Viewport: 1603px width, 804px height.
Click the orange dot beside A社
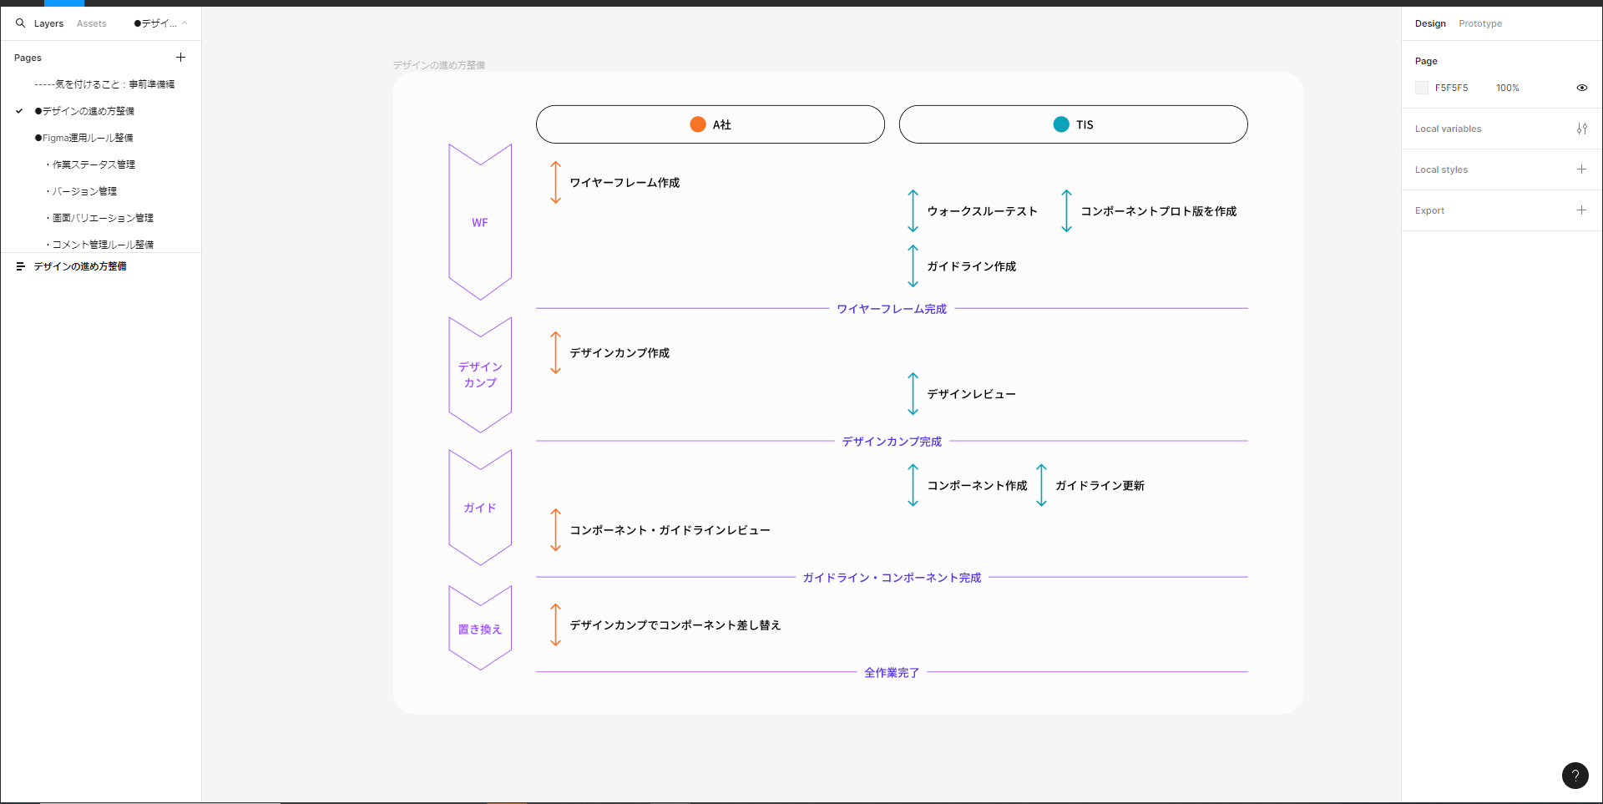[698, 124]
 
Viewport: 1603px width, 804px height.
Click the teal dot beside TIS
[1061, 124]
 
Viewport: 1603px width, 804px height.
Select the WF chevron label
[480, 223]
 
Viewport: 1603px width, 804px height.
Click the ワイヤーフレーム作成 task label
[625, 183]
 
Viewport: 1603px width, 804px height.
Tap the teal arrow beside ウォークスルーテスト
[913, 211]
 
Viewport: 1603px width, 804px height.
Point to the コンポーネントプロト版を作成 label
[1158, 211]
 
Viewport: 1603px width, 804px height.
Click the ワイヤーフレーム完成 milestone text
[892, 309]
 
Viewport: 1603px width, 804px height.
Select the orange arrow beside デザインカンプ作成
[555, 353]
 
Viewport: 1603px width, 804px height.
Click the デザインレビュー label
[971, 394]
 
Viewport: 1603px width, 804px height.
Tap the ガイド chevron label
[480, 508]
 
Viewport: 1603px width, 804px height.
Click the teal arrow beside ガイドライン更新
[1041, 485]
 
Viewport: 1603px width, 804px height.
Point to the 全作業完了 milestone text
[892, 673]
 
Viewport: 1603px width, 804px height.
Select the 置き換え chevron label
[480, 630]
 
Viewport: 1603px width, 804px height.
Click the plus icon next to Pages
[180, 58]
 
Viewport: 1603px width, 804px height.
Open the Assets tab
[92, 23]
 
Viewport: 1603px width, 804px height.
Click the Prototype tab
[1479, 23]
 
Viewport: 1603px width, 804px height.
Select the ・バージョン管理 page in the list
[83, 191]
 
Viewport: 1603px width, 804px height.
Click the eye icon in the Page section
[1581, 88]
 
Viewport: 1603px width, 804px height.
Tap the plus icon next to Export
[1581, 210]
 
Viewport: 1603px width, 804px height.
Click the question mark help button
[1575, 776]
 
